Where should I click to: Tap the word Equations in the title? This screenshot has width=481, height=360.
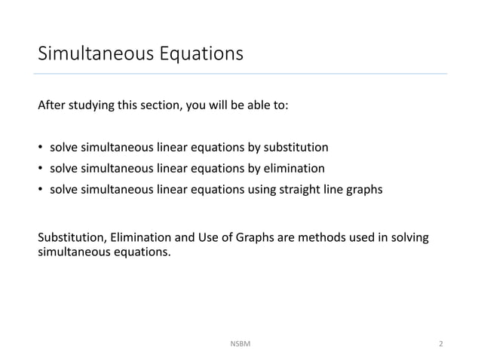(x=200, y=55)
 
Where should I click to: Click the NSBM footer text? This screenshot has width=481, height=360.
(x=240, y=343)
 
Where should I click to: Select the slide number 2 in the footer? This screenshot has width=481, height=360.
(x=441, y=343)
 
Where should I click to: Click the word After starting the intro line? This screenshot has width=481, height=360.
(x=51, y=105)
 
